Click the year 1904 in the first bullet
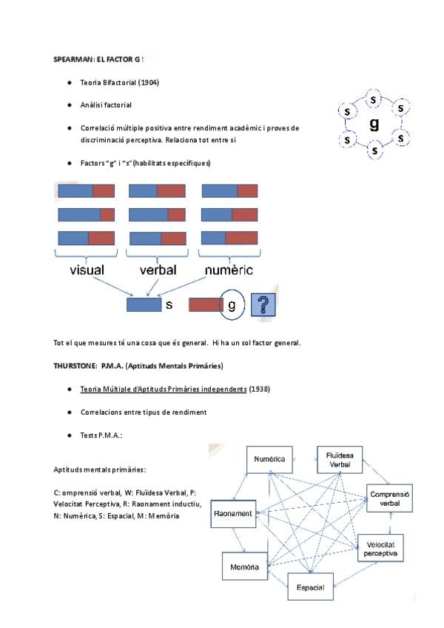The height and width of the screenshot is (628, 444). coord(148,82)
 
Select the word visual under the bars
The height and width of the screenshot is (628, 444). coord(87,270)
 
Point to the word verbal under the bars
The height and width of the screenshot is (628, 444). coord(158,270)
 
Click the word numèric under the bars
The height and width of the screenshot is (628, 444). coord(229,270)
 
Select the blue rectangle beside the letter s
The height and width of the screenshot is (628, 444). coord(144,305)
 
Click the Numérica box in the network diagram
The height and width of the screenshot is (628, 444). coord(269,460)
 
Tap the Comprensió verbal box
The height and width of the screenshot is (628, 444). coord(389,498)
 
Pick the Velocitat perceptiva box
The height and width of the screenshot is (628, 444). coord(382,549)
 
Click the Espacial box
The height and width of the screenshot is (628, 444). coord(310,586)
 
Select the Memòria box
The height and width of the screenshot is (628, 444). coord(244,567)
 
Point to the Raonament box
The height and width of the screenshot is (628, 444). coord(232,513)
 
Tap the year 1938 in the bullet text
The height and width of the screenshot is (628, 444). coord(260,389)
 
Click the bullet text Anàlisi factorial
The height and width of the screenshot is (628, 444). coord(106,105)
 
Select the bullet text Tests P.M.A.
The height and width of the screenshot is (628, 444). coord(101,435)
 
